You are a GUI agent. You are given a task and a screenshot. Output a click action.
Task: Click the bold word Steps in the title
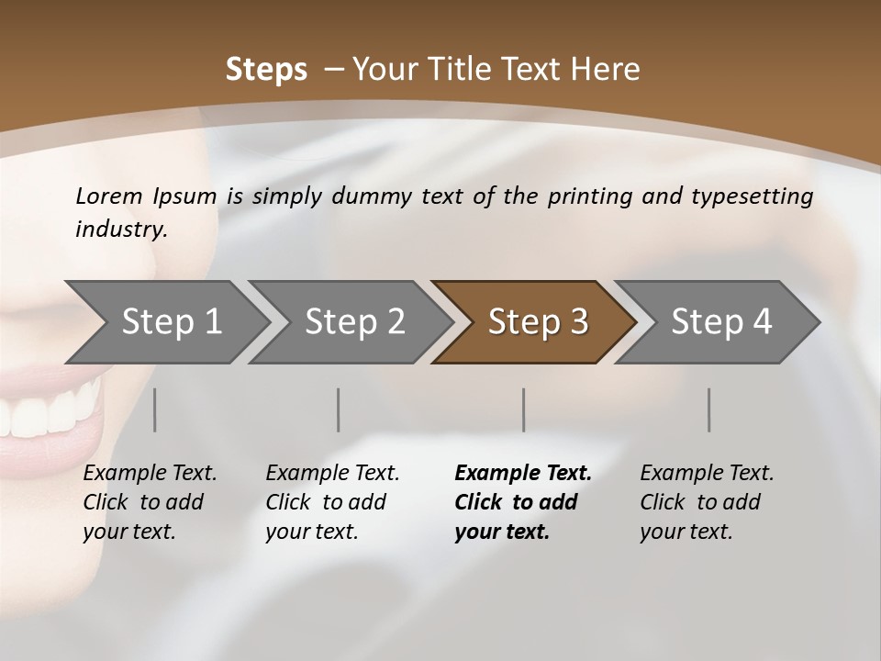(266, 70)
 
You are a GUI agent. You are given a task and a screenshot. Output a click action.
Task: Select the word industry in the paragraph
(120, 229)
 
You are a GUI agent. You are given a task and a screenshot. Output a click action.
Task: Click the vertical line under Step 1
(155, 409)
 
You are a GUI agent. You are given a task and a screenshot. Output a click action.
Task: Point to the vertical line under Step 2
(339, 409)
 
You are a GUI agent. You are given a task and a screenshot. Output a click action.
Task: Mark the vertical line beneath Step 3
(524, 409)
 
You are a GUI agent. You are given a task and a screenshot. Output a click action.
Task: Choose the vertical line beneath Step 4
(709, 409)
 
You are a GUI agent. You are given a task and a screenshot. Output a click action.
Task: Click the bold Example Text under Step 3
(523, 502)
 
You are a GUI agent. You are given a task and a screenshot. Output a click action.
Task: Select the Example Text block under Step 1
(150, 502)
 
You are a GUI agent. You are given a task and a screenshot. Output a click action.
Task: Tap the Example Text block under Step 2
(332, 502)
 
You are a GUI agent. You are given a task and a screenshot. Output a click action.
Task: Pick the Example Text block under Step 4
(707, 502)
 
